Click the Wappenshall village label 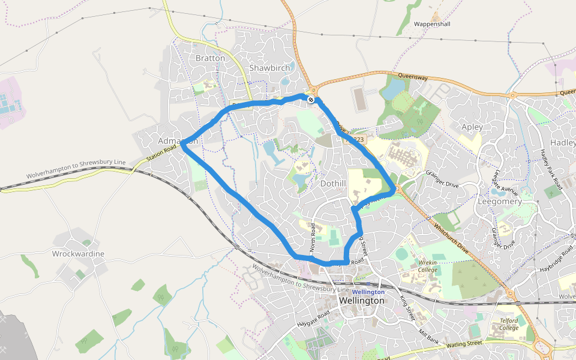click(x=432, y=24)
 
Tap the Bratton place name click(x=210, y=58)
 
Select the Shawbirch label click(x=269, y=67)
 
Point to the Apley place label click(x=472, y=127)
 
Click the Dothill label click(x=333, y=183)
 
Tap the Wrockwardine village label click(x=78, y=254)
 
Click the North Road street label click(x=313, y=236)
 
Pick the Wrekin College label click(x=428, y=266)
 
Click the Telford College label click(x=509, y=325)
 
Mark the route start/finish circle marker click(x=311, y=99)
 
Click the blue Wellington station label click(x=368, y=292)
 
